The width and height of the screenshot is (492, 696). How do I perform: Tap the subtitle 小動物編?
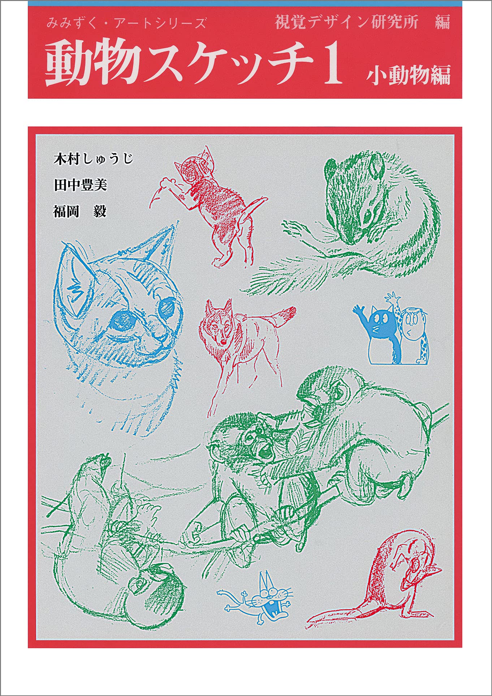[409, 75]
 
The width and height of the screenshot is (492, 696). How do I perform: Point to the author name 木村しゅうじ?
[93, 159]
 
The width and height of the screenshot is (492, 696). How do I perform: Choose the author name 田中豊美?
[80, 186]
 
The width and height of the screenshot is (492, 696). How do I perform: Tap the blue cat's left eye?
[122, 319]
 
